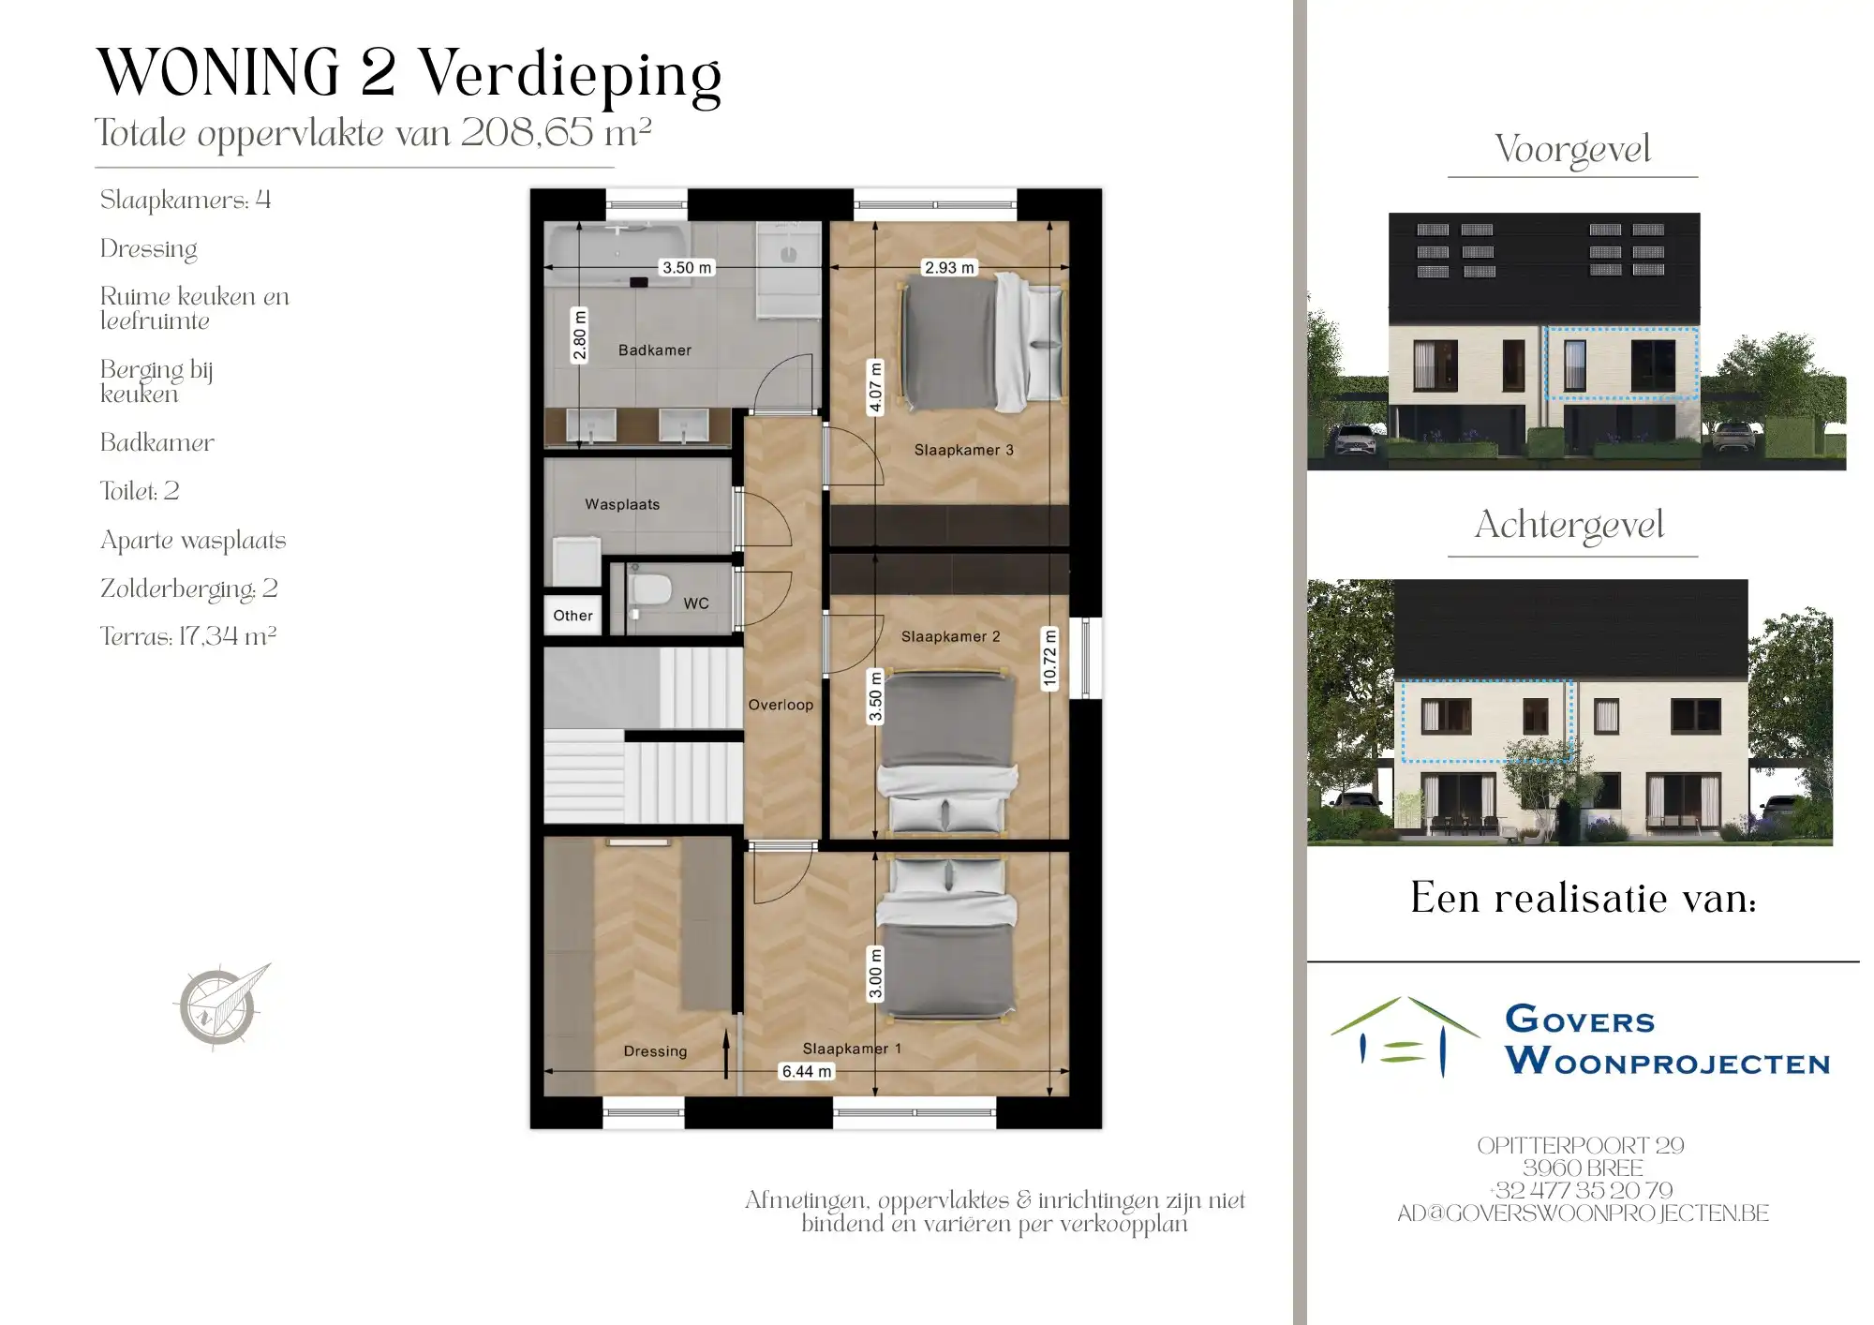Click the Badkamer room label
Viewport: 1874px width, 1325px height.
(x=655, y=350)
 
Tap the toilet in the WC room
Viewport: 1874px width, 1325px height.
(x=649, y=590)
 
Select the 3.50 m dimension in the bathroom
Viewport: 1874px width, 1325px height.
(x=687, y=268)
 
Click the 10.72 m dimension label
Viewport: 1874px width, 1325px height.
(x=1049, y=659)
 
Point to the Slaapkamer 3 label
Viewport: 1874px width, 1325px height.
(x=963, y=450)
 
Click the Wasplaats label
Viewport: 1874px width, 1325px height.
(x=622, y=504)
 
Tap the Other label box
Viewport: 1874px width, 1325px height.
(x=573, y=616)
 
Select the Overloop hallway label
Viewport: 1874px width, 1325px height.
(x=781, y=705)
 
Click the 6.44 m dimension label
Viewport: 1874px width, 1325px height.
(x=806, y=1071)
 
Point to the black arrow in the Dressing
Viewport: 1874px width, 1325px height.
(x=726, y=1054)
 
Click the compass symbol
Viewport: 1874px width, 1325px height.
(x=221, y=1005)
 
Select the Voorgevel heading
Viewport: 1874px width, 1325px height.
(x=1572, y=149)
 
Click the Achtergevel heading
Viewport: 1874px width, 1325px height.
(x=1569, y=525)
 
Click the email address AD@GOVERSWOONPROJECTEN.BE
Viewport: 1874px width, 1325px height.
(x=1583, y=1213)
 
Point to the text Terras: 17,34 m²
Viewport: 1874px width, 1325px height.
(x=188, y=636)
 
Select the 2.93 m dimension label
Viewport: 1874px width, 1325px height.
(x=949, y=268)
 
